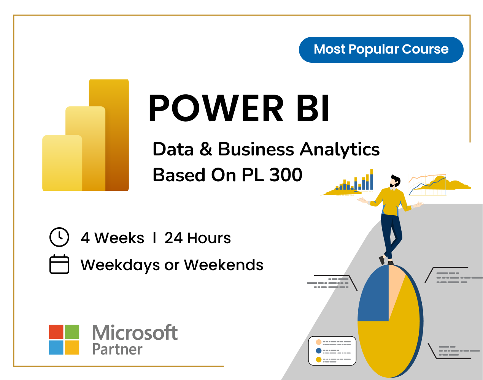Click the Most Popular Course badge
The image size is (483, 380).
(381, 49)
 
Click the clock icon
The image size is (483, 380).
(59, 237)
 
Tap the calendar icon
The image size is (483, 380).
(59, 264)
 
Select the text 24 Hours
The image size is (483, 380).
(197, 238)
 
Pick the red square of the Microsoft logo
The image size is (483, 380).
(56, 332)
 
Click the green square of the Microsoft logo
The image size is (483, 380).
(72, 332)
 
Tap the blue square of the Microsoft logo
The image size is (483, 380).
(56, 347)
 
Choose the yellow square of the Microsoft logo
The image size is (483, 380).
(72, 347)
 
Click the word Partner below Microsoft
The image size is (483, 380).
(118, 349)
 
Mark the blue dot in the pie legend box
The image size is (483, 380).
(319, 350)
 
